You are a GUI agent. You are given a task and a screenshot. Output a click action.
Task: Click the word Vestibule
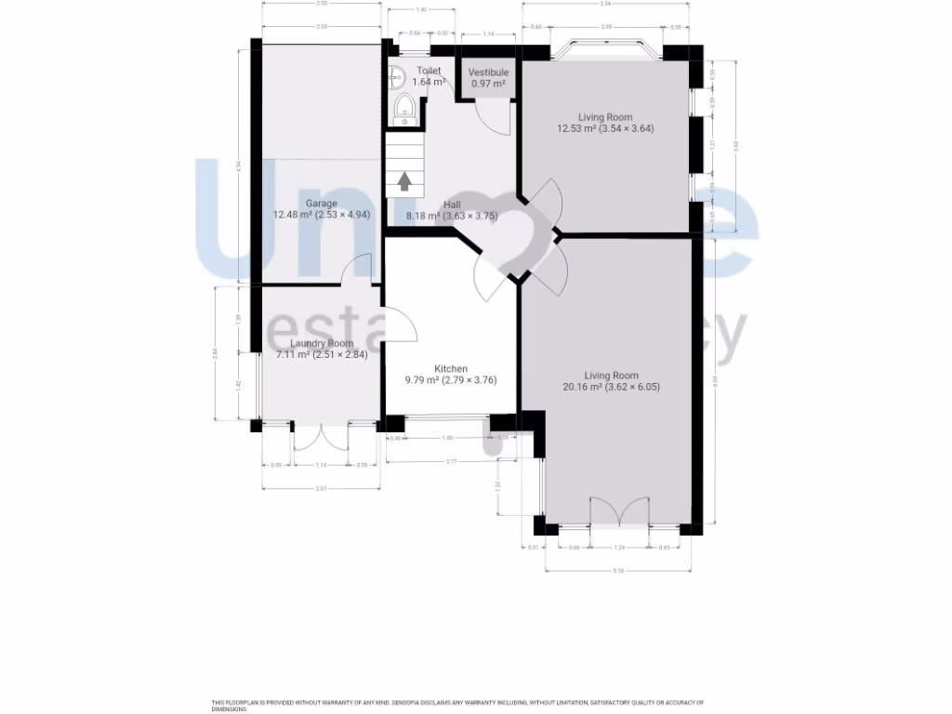point(488,73)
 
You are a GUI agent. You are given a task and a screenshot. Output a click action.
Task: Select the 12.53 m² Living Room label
point(605,118)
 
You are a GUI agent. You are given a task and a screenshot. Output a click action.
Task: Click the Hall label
point(452,205)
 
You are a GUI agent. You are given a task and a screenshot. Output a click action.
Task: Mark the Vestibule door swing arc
point(493,117)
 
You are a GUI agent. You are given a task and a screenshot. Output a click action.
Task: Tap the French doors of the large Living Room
point(620,514)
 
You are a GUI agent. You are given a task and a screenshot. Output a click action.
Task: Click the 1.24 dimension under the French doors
point(620,548)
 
